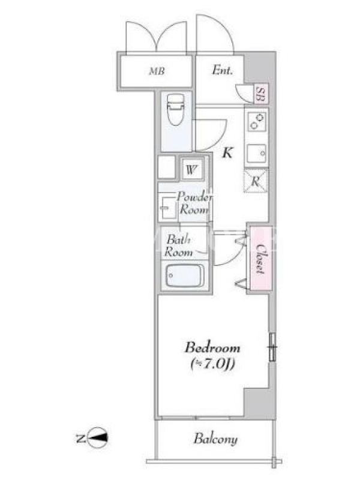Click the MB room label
(157, 71)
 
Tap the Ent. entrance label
(222, 70)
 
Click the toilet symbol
(176, 109)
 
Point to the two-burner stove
(257, 122)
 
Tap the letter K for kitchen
(227, 152)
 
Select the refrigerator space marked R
(256, 181)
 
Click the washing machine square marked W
(191, 169)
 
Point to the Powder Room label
(194, 203)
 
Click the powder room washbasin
(168, 208)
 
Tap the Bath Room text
(178, 245)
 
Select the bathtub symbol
(185, 275)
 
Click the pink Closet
(261, 258)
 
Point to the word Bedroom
(212, 348)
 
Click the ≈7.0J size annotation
(213, 364)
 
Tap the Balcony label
(215, 439)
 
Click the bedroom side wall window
(272, 347)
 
